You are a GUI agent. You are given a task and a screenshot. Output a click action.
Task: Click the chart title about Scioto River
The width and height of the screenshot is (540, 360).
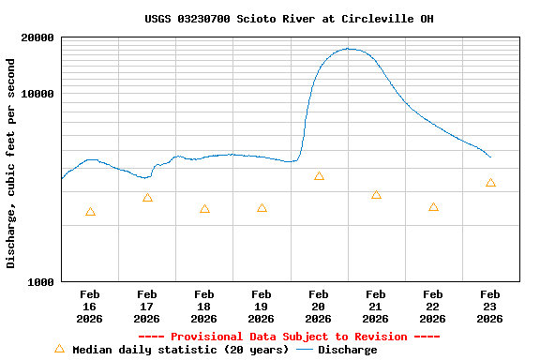pos(289,19)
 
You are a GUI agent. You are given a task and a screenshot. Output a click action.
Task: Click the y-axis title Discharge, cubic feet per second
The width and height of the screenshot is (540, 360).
pos(11,163)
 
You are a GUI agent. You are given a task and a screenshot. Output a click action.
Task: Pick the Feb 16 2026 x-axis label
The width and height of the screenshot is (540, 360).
pos(90,306)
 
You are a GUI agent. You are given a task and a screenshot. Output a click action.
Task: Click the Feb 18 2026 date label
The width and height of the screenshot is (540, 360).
pos(204,306)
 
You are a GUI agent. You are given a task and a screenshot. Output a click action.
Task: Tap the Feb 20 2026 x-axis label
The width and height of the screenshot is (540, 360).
pos(319,306)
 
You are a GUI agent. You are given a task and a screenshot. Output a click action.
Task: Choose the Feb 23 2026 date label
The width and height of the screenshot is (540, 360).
pos(489,306)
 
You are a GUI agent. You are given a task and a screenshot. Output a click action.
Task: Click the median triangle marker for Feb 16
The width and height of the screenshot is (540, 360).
pos(90,212)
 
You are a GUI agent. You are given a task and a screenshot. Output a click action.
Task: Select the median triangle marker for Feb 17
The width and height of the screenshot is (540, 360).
pos(147,198)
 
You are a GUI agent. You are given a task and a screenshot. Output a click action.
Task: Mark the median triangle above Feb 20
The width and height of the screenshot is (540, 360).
pos(319,176)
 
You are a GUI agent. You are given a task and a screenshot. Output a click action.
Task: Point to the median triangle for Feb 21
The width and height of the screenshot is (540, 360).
pos(376,195)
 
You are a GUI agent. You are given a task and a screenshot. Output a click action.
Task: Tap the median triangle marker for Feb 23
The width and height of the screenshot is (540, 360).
pos(490,183)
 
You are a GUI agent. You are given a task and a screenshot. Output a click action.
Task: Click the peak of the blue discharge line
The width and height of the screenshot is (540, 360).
pos(349,49)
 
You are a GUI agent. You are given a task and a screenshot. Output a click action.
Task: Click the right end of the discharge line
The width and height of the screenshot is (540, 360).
pos(490,157)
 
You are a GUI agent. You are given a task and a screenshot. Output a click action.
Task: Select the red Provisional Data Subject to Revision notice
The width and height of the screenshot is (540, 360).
pos(289,337)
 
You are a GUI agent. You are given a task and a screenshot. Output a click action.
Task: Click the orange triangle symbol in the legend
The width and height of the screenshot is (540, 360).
pos(59,349)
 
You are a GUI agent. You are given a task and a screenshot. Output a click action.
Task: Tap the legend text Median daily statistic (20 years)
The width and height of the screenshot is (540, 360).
pos(180,350)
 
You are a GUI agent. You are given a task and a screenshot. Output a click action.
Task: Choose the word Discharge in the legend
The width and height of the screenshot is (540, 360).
pos(347,350)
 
